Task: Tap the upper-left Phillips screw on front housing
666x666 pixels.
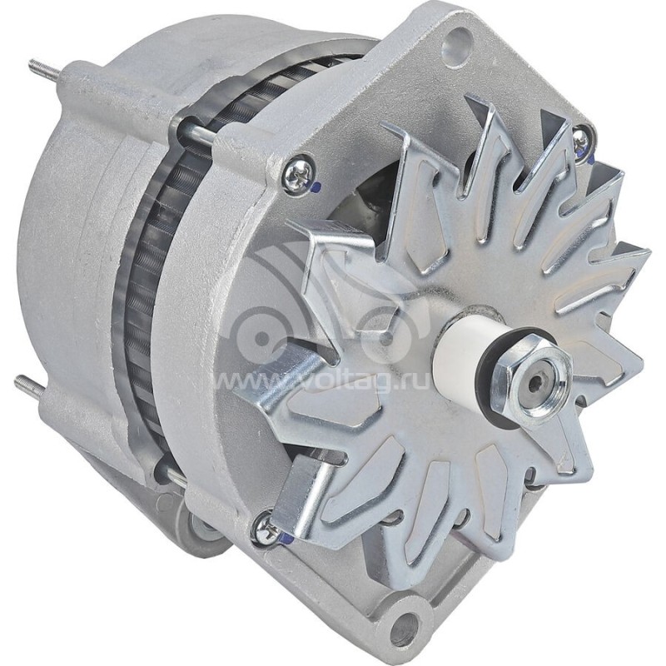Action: (299, 176)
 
